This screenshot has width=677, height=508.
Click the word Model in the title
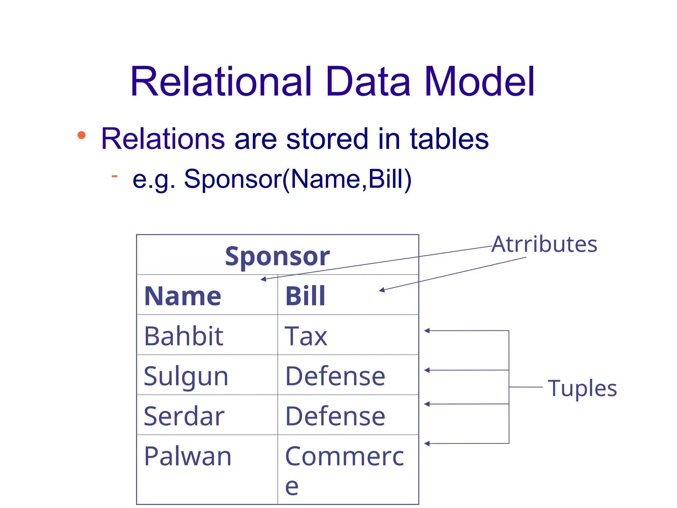coord(479,81)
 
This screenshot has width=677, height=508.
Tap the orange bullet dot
coord(81,135)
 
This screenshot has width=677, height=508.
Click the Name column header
coord(183,296)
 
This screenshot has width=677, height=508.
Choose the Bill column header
coord(305,296)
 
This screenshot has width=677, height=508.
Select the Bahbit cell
coord(184,336)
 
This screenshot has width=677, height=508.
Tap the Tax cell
coord(306,336)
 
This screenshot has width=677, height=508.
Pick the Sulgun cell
coord(186,376)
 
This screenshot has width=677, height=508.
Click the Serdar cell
coord(184,416)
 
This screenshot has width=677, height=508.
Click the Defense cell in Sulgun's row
coord(335,376)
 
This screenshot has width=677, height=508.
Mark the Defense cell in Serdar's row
coord(335,416)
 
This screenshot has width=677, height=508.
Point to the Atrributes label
coord(544,244)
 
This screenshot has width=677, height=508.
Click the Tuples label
coord(582,388)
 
